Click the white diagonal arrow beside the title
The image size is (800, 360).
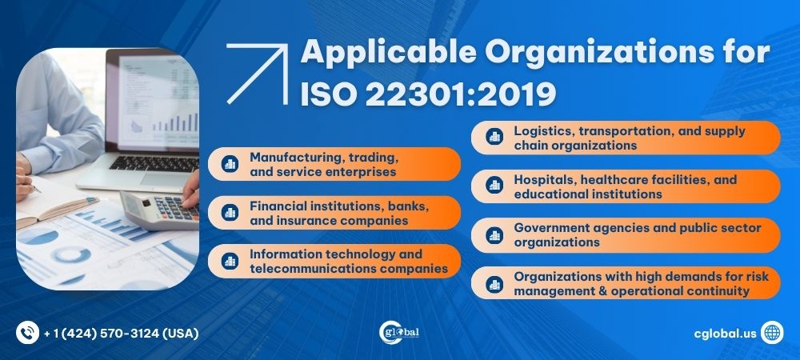pyautogui.click(x=257, y=74)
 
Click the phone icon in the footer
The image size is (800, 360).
pyautogui.click(x=27, y=332)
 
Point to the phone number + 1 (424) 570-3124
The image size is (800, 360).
pyautogui.click(x=121, y=332)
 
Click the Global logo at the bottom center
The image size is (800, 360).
pyautogui.click(x=399, y=332)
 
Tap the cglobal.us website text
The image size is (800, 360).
pyautogui.click(x=725, y=332)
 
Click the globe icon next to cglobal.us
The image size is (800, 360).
pyautogui.click(x=772, y=332)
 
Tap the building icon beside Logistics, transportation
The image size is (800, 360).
pyautogui.click(x=494, y=138)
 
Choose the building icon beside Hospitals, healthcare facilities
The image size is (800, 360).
pyautogui.click(x=494, y=186)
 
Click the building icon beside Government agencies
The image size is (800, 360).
pyautogui.click(x=494, y=234)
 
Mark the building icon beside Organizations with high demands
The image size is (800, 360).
pyautogui.click(x=494, y=283)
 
